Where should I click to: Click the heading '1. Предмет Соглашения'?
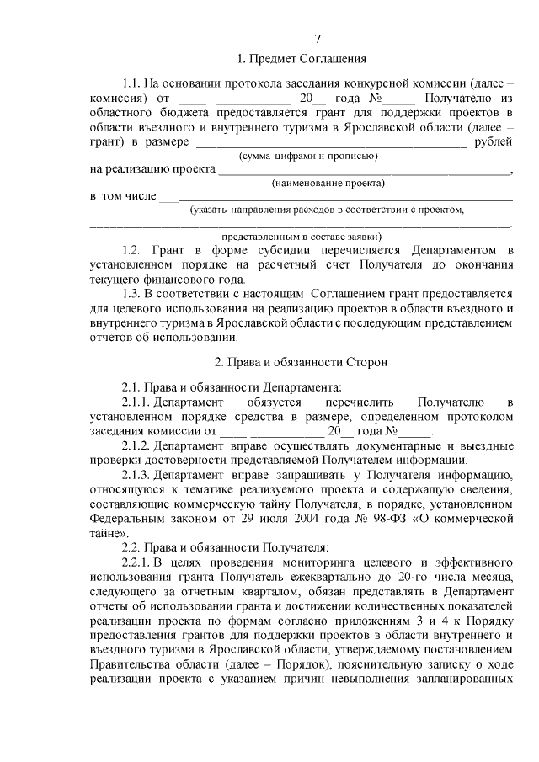[301, 59]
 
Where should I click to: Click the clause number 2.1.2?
[136, 445]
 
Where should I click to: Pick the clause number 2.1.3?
[136, 475]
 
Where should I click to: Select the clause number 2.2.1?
[136, 563]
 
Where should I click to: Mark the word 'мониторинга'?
[314, 563]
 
